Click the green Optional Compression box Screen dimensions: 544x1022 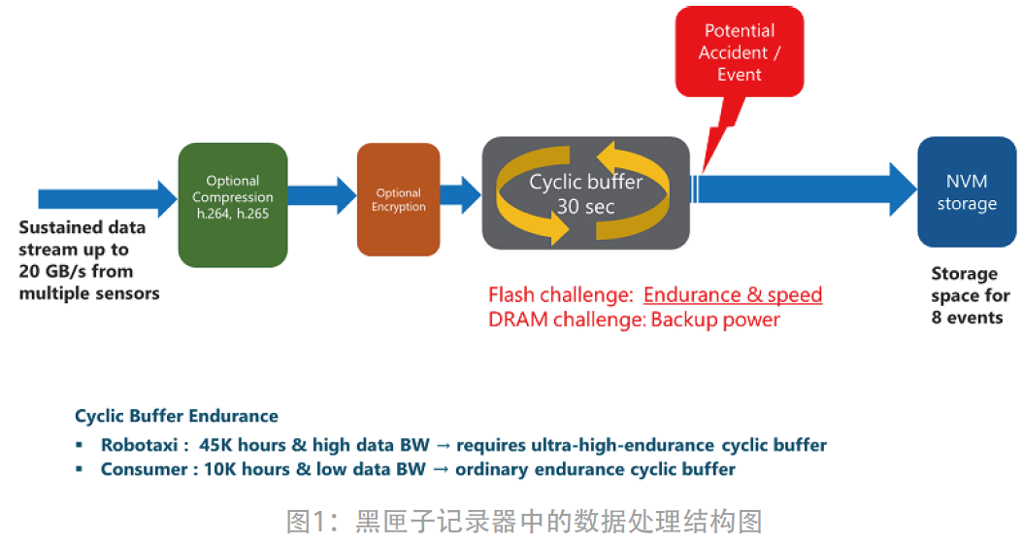tap(233, 205)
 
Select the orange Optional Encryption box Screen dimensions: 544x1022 tap(398, 199)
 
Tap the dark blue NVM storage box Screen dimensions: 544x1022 tap(966, 192)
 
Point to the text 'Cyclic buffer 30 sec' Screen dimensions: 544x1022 tap(585, 193)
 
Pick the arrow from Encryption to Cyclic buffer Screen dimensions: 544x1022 tap(460, 194)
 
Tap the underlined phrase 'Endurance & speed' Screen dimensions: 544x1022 tap(733, 295)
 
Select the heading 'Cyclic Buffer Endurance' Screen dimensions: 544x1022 tap(177, 417)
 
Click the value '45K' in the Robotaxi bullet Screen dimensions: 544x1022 tap(217, 446)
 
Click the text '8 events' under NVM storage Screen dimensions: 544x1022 tap(967, 318)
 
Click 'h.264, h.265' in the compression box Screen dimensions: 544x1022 tap(233, 214)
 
